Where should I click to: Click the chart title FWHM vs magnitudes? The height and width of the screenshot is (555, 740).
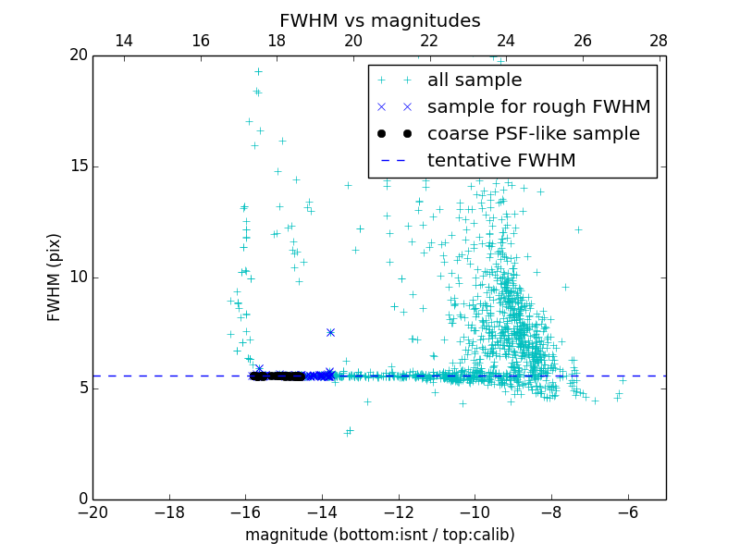tap(379, 20)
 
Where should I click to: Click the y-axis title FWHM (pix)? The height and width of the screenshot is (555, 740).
tap(55, 277)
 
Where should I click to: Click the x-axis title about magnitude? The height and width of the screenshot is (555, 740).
tap(379, 535)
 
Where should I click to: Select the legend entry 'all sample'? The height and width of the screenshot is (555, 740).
tap(475, 80)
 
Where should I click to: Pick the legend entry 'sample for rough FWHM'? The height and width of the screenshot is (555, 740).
tap(538, 107)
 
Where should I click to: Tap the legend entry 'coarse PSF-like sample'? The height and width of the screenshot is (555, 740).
tap(533, 134)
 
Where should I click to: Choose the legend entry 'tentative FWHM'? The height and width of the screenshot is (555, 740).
tap(501, 161)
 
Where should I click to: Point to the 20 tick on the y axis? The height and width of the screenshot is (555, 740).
tap(78, 55)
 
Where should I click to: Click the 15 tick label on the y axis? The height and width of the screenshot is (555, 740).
tap(78, 166)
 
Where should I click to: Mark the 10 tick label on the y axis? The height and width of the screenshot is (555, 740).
tap(78, 277)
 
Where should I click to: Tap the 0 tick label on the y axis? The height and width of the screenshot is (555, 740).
tap(82, 499)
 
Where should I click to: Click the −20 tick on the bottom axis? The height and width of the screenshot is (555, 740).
tap(92, 512)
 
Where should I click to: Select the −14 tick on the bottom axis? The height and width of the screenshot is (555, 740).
tap(322, 512)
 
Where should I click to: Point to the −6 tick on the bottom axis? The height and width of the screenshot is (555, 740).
tap(628, 512)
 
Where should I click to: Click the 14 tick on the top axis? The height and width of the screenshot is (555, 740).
tap(123, 42)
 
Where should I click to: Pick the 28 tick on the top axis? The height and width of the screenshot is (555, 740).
tap(659, 42)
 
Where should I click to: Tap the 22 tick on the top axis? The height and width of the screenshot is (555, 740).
tap(429, 42)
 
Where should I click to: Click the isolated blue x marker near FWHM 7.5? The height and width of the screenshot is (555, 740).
tap(330, 332)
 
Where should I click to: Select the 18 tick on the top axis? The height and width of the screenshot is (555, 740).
tap(277, 42)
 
